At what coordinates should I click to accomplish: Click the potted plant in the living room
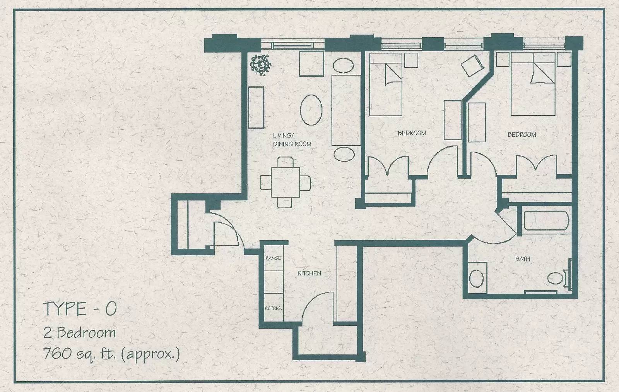(x=260, y=65)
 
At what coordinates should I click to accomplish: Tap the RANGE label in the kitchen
(x=273, y=258)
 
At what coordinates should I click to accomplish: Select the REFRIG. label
(x=273, y=308)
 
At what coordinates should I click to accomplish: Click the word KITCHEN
(x=309, y=273)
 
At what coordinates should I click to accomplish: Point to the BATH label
(x=523, y=259)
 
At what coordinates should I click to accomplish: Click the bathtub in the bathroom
(x=546, y=221)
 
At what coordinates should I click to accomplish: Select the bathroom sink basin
(x=476, y=278)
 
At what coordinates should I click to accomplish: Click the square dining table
(x=285, y=182)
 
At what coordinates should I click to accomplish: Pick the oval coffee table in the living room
(x=311, y=110)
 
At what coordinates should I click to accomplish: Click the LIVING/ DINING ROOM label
(x=292, y=140)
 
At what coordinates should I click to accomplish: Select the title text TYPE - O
(x=80, y=309)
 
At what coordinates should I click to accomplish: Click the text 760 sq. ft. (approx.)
(x=112, y=353)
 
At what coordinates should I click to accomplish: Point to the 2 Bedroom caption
(x=80, y=332)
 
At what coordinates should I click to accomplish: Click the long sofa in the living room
(x=346, y=110)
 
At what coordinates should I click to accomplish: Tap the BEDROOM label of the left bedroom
(x=412, y=133)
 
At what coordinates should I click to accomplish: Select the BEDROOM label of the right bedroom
(x=522, y=135)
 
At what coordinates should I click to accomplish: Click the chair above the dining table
(x=285, y=162)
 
